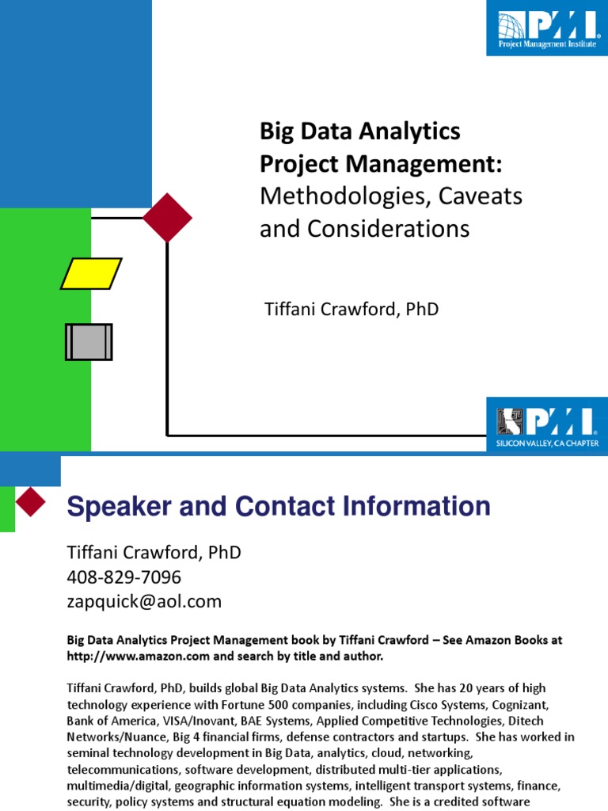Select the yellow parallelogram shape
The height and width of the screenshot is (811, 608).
[92, 273]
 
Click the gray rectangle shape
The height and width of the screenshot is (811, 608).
[89, 342]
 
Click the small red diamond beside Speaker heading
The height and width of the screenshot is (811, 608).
[31, 501]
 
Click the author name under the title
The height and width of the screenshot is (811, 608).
[351, 310]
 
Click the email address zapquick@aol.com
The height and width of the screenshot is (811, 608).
[143, 601]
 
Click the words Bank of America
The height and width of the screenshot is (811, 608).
[112, 720]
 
